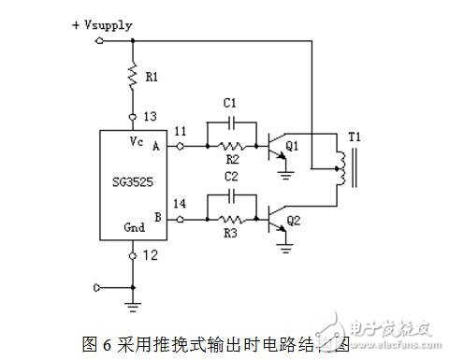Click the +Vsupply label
(x=77, y=26)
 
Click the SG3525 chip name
(x=133, y=182)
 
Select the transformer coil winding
(x=342, y=169)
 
